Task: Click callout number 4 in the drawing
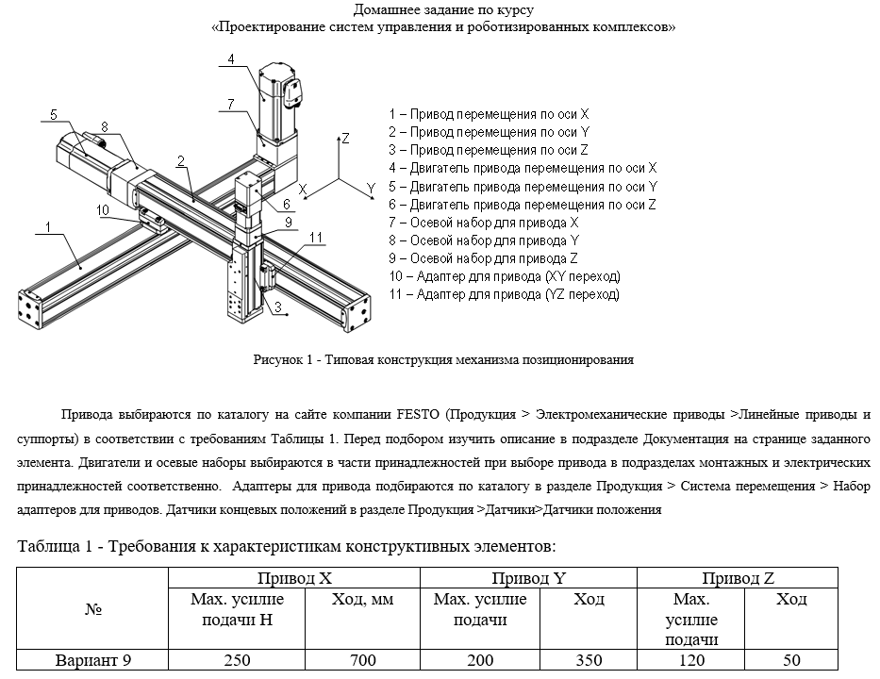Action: coord(230,60)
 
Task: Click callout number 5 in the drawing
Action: coord(54,115)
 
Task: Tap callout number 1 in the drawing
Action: coord(47,226)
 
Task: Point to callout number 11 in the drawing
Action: coord(316,237)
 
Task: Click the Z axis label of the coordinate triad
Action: coord(346,139)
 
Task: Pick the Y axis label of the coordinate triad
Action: coord(371,189)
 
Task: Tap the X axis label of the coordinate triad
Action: coord(303,190)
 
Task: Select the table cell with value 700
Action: coord(363,661)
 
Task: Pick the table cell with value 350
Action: coord(589,661)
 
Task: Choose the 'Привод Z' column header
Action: coord(738,577)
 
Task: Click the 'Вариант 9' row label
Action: coord(92,661)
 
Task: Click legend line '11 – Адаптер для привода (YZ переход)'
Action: coord(504,295)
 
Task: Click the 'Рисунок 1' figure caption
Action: coord(442,359)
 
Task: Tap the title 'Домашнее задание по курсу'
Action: coord(443,10)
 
